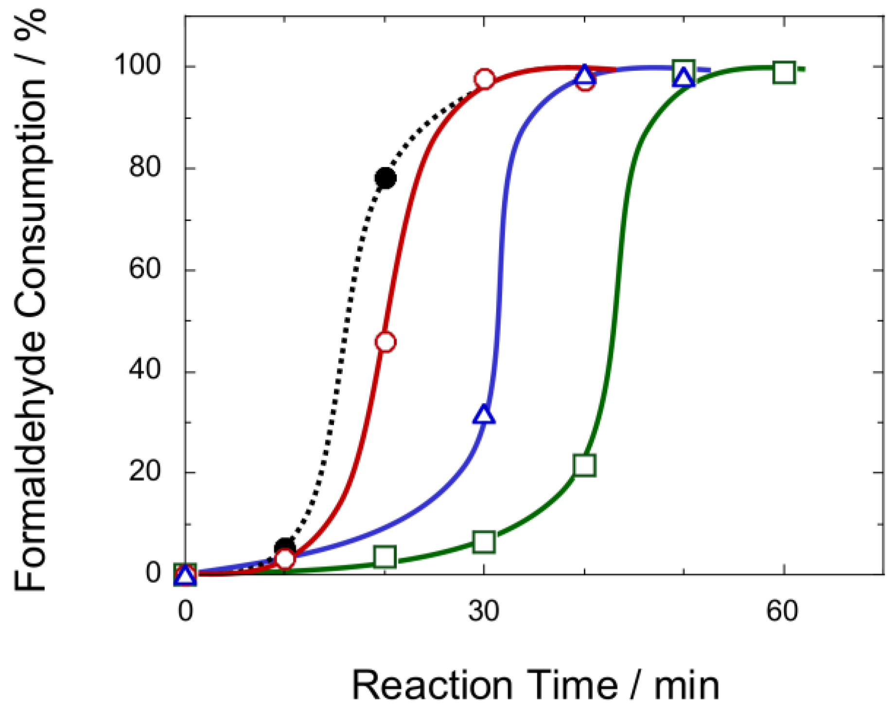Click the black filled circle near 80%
[385, 178]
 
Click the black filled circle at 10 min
[285, 548]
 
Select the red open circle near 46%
[385, 342]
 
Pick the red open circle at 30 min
[485, 79]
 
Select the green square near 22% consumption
[584, 465]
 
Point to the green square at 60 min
[784, 72]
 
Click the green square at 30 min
[484, 542]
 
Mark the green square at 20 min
[385, 557]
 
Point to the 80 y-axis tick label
[144, 167]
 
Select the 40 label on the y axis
[144, 370]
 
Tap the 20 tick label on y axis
[144, 471]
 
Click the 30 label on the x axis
[484, 611]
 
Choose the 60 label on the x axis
[782, 611]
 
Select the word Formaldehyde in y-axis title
[30, 461]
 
